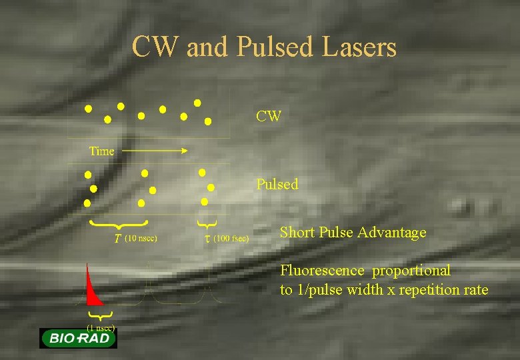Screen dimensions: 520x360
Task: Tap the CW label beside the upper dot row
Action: (269, 117)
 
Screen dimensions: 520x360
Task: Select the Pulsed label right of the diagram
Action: (277, 184)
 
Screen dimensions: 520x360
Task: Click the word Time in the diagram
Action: (102, 151)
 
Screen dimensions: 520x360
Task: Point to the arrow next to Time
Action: (155, 151)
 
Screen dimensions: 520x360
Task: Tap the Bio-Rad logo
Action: (78, 338)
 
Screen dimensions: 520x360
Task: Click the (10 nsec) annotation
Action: (141, 237)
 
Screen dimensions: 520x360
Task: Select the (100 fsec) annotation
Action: (231, 238)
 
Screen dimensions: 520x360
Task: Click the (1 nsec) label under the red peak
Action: (101, 327)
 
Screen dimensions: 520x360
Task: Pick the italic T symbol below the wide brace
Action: (117, 238)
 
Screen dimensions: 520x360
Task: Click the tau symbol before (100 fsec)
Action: (206, 238)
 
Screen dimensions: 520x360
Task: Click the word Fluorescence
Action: (322, 271)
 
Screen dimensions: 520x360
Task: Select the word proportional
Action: (411, 271)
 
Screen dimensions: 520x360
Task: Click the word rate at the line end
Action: (476, 290)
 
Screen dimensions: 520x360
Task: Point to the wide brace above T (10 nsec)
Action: (119, 222)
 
